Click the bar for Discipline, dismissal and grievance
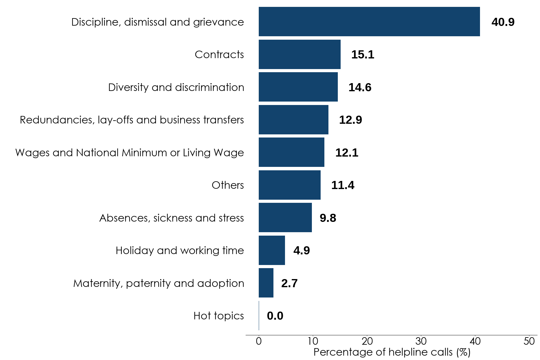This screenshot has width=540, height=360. (x=369, y=22)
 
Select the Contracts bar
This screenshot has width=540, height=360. (x=299, y=54)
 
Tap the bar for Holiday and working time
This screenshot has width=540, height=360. (x=272, y=250)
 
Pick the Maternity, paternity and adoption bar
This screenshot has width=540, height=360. (x=266, y=283)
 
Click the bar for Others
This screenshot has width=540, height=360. (x=289, y=185)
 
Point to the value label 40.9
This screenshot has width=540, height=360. (x=502, y=22)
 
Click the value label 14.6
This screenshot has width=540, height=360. (x=360, y=87)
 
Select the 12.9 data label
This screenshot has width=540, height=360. (x=350, y=120)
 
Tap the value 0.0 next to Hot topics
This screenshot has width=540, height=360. (x=275, y=316)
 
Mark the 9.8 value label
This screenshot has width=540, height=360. (x=327, y=218)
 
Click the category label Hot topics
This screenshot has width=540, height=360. (x=218, y=316)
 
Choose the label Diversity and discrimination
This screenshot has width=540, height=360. (x=176, y=87)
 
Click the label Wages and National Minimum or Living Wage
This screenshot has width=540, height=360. (x=129, y=152)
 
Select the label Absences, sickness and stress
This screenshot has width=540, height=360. (x=171, y=218)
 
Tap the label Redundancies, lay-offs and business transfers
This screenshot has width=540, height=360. (x=132, y=120)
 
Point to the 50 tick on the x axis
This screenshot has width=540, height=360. (x=529, y=341)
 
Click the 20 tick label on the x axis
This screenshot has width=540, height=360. (x=367, y=341)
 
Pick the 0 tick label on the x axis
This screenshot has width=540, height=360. (x=259, y=341)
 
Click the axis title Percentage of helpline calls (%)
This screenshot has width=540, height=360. (x=392, y=352)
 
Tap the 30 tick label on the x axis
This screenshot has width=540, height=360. (x=421, y=341)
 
